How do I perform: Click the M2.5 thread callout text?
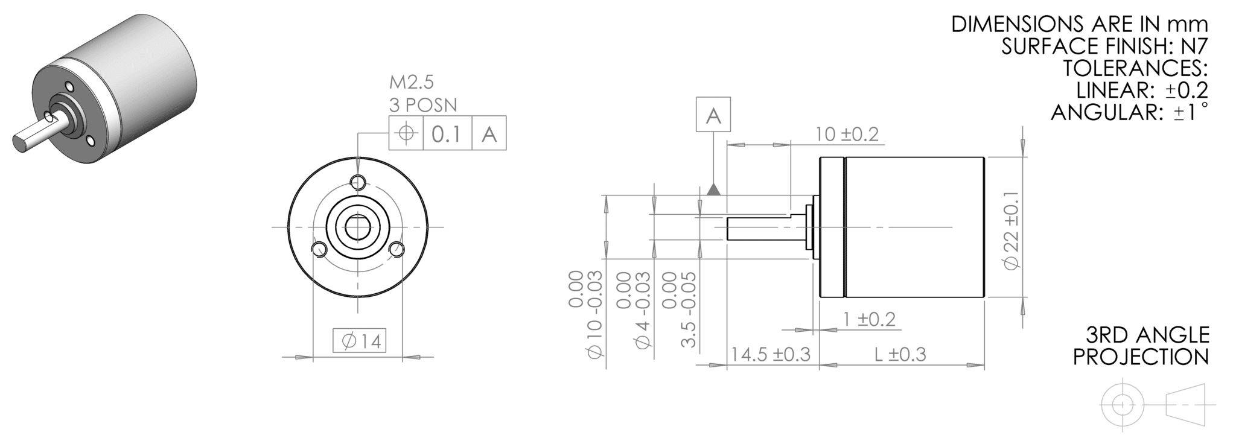coord(412,81)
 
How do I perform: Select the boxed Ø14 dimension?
coord(359,341)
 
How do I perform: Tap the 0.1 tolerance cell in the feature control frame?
coord(447,134)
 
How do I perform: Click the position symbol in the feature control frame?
coord(407,133)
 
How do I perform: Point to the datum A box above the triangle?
coord(713,115)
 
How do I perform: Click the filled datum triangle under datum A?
coord(714,190)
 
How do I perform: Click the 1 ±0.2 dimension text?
coord(869,319)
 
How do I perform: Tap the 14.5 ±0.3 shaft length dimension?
coord(771,354)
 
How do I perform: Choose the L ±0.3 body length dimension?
coord(900,354)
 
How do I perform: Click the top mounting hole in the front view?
coord(358,182)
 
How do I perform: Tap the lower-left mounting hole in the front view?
coord(318,249)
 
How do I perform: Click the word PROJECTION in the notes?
coord(1141,357)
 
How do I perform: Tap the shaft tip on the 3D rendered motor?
coord(19,143)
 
